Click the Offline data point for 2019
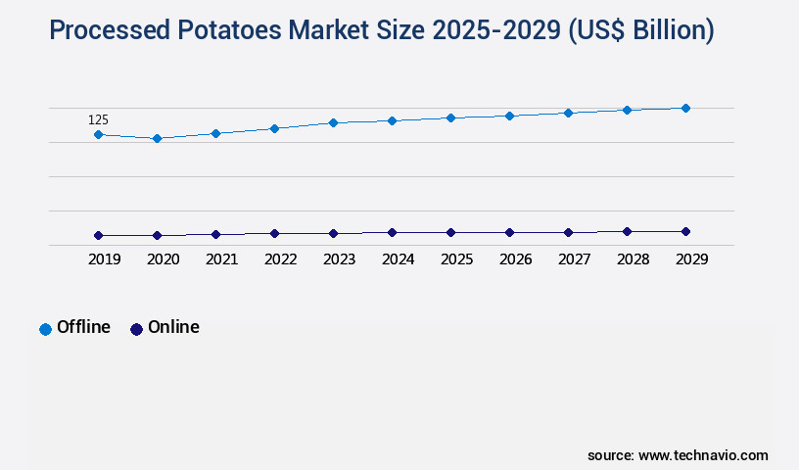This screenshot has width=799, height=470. tap(98, 134)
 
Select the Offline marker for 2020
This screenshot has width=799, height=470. tap(157, 138)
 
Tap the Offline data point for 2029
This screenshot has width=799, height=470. tap(685, 108)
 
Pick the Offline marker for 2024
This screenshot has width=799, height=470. tap(392, 120)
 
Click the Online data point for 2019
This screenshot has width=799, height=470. tap(98, 235)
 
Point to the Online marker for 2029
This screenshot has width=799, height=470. tap(685, 231)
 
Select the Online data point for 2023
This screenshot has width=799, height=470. tap(333, 233)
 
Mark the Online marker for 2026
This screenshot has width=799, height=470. tap(509, 232)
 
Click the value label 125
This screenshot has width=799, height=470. tap(98, 119)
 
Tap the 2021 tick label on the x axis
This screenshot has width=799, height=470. tap(221, 259)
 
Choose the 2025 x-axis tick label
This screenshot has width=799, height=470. tap(456, 259)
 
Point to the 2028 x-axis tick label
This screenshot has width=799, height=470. tap(633, 259)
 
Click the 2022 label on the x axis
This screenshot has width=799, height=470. tap(280, 259)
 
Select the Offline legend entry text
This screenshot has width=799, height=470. tap(83, 327)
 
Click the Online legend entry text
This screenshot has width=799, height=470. tap(173, 327)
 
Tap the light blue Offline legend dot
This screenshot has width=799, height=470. tap(45, 329)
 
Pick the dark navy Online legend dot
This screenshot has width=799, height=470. tap(136, 329)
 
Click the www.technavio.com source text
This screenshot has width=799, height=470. tap(703, 455)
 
